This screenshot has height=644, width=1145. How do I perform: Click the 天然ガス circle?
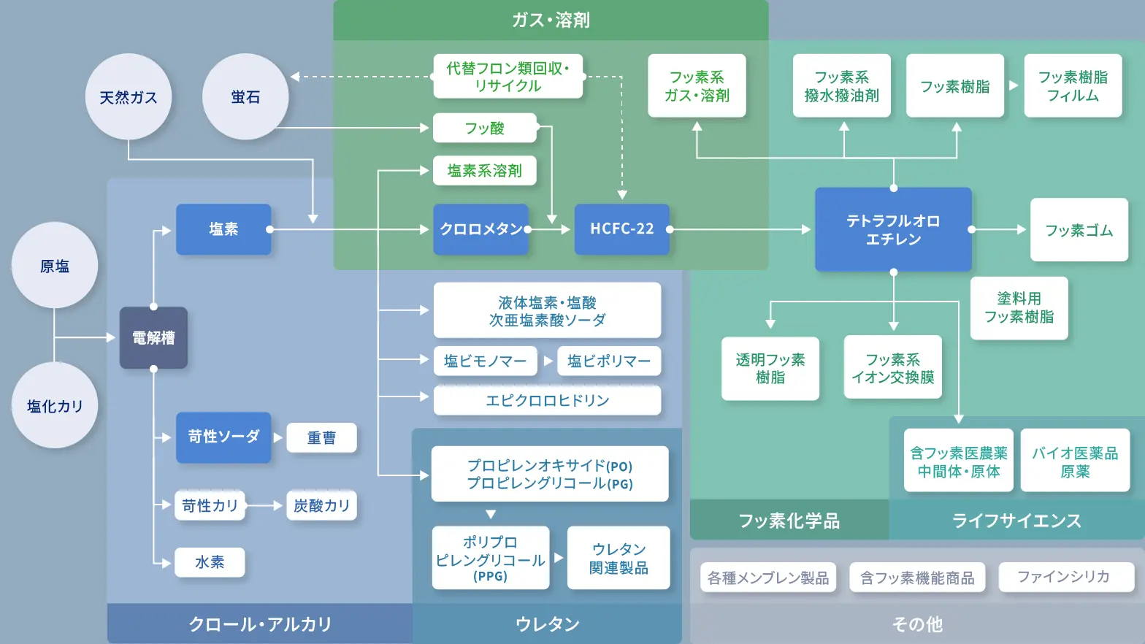tap(129, 97)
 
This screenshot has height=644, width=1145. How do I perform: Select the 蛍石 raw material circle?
tap(245, 97)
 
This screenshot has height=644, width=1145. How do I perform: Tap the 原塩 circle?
tap(55, 266)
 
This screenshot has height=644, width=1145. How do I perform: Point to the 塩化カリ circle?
tap(55, 406)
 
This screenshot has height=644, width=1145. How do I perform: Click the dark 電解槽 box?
tap(153, 338)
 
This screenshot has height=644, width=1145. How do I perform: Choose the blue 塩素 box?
tap(223, 229)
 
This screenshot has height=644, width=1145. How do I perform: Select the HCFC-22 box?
tap(621, 229)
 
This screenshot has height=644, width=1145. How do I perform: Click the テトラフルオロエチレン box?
tap(893, 230)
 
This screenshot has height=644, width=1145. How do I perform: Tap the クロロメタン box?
tap(480, 229)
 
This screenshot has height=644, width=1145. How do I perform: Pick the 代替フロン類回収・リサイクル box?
tap(508, 77)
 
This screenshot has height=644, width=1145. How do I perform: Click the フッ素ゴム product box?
tap(1079, 230)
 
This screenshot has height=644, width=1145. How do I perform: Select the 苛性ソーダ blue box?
tap(223, 437)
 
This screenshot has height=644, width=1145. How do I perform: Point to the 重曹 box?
tap(321, 437)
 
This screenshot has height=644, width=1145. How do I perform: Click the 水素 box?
tap(210, 562)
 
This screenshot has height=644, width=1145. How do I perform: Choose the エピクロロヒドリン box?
tap(547, 400)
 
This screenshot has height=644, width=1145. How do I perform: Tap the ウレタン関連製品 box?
tap(619, 559)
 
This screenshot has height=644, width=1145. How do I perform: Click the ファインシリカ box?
tap(1065, 577)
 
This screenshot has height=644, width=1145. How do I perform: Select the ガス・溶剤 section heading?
tap(551, 20)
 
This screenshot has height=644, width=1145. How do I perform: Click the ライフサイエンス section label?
tap(1016, 521)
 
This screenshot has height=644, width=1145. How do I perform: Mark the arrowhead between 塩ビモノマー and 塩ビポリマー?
tap(548, 361)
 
